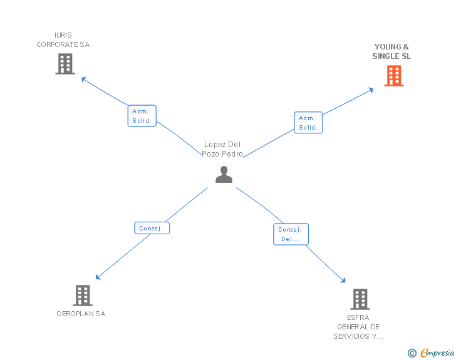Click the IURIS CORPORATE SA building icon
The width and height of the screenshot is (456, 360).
tap(65, 64)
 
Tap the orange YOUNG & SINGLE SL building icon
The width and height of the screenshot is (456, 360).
tap(393, 76)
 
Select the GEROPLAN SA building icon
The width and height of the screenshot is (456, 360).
tap(83, 296)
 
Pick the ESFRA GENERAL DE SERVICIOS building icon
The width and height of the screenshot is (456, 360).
tap(360, 299)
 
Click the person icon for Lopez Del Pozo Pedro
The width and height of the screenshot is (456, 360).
tap(224, 175)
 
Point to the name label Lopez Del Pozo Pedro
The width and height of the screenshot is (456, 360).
tap(222, 149)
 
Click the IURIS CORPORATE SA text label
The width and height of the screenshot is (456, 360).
tap(63, 40)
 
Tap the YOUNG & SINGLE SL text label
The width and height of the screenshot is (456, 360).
tap(391, 51)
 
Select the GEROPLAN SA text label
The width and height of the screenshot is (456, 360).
tap(81, 314)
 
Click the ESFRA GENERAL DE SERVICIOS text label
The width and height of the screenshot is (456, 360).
tap(358, 327)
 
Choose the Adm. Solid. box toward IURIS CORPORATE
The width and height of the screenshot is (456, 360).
tap(142, 116)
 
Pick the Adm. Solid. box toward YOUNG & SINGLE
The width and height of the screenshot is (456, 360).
tap(308, 123)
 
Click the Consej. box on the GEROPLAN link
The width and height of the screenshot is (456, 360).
tap(152, 228)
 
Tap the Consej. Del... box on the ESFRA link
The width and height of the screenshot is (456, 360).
tap(291, 234)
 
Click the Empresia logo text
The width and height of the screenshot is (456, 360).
tap(437, 353)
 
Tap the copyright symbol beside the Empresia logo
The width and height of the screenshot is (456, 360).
tap(412, 354)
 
